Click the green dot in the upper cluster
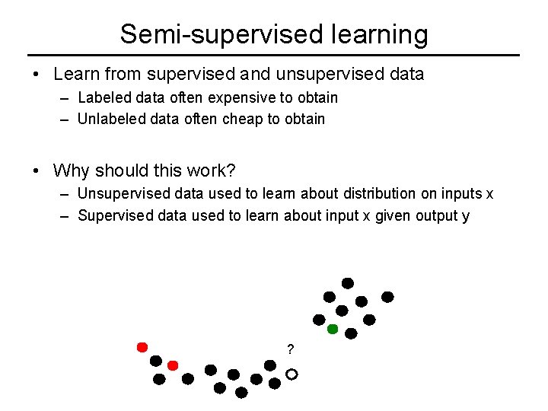click(333, 330)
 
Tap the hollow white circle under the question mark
click(292, 374)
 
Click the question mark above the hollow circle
click(290, 350)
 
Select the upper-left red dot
click(142, 347)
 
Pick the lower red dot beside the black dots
click(173, 365)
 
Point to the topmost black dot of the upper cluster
click(348, 283)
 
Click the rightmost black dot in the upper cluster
click(387, 296)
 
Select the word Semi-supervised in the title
click(211, 34)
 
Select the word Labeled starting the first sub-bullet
click(103, 97)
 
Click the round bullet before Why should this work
click(37, 170)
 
